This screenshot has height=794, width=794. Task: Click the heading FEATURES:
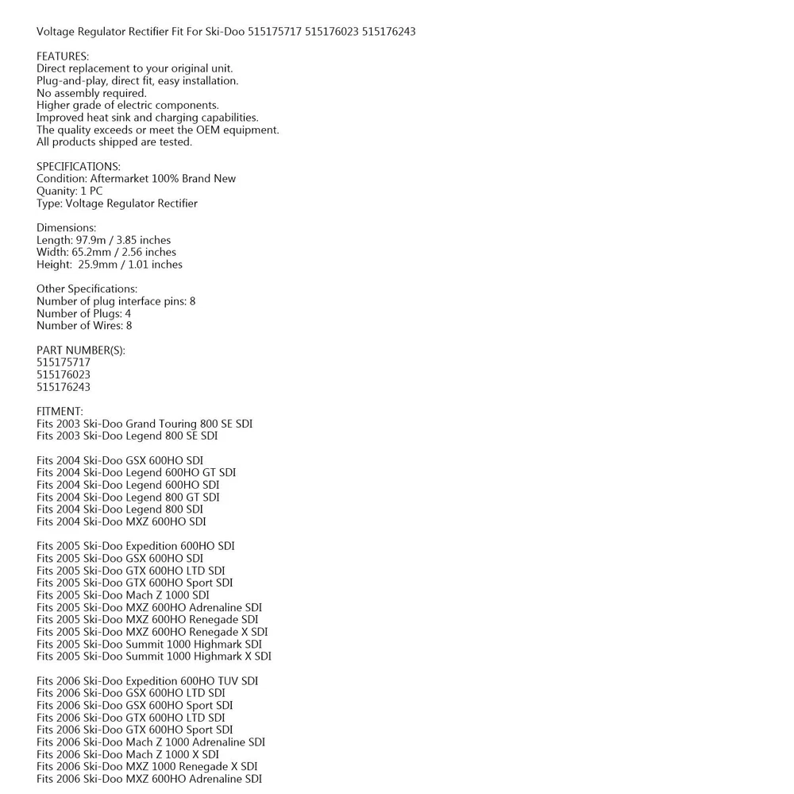(x=63, y=56)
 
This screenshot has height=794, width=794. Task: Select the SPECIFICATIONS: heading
(x=79, y=167)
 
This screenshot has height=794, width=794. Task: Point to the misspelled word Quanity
(x=56, y=192)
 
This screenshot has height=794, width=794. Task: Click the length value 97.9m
(x=90, y=240)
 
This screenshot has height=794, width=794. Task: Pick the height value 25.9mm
(x=98, y=265)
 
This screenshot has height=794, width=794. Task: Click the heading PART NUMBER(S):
(x=81, y=351)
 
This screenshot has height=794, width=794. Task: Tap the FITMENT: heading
(x=60, y=412)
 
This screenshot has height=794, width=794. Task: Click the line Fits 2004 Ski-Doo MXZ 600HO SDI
(x=121, y=521)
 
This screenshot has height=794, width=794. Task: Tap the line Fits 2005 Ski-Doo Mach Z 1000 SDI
(x=123, y=595)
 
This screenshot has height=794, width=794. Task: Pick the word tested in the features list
(x=175, y=142)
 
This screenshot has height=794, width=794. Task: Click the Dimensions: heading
(x=66, y=228)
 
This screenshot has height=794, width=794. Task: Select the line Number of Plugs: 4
(x=84, y=314)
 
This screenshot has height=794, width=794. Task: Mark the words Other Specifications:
(x=87, y=289)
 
